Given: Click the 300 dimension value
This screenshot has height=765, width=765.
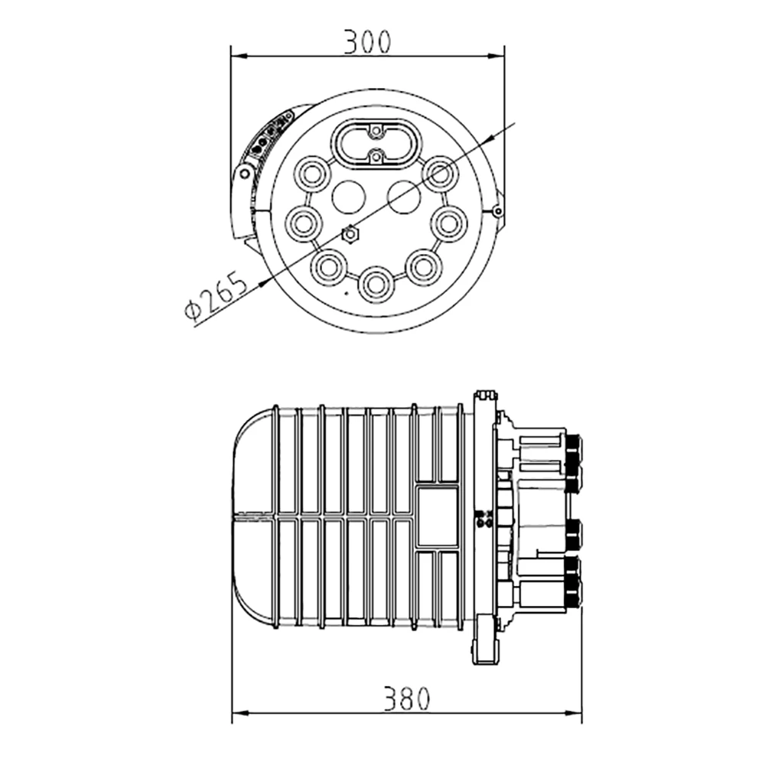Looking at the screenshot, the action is pos(367,42).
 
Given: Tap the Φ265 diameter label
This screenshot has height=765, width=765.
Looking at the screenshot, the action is pos(215,296).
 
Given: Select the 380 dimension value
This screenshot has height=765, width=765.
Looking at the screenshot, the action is pos(406,698).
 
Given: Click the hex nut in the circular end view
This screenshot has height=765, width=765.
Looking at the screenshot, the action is pos(350,235).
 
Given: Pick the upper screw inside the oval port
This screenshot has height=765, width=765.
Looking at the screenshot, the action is pos(376,132).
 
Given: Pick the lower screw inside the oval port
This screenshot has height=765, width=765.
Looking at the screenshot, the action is pos(376,157).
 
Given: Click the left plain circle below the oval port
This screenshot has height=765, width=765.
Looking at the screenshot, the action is pos(348,197).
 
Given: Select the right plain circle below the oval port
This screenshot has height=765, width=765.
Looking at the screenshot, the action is pos(403,197).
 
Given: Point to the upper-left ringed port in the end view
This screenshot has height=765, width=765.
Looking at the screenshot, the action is pos(312,174).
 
